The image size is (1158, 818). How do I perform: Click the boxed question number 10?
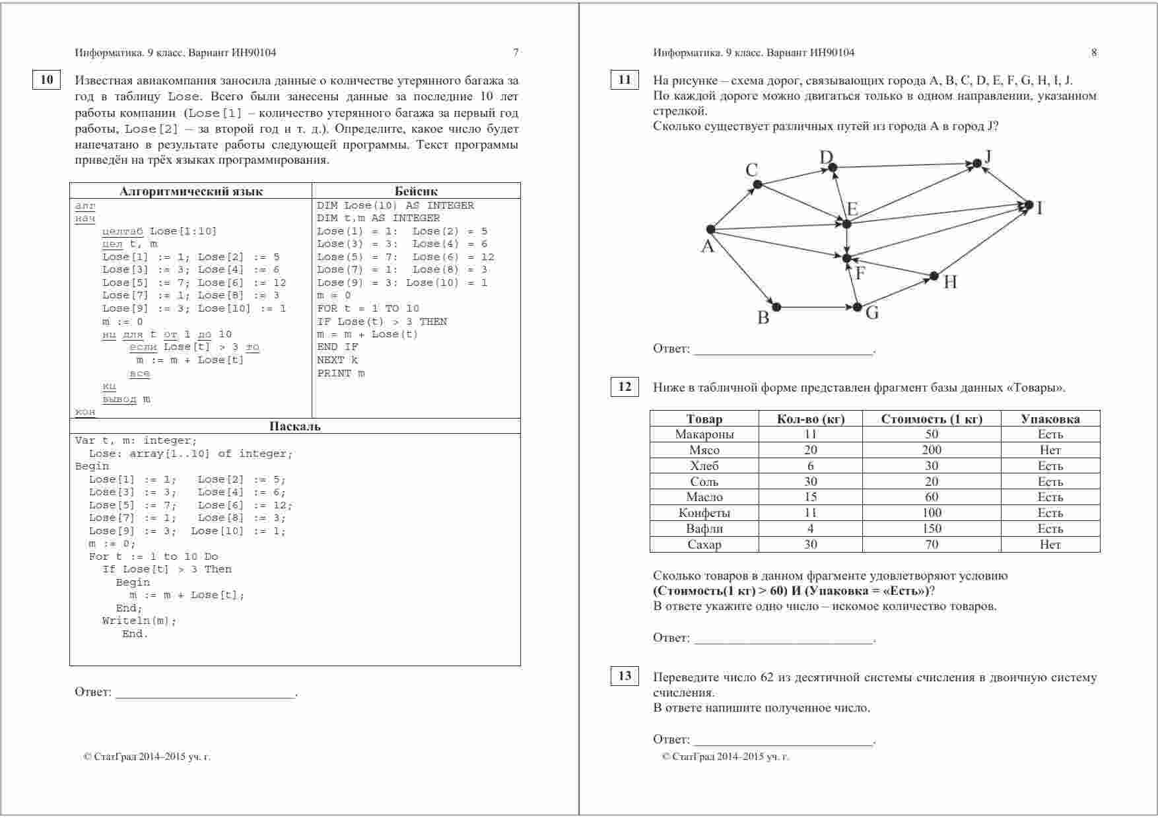46,80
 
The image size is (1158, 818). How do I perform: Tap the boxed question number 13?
625,676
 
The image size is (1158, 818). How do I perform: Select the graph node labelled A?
710,230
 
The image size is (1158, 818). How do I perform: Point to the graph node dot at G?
857,307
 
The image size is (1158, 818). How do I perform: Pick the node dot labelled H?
934,276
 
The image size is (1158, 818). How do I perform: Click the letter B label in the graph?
763,318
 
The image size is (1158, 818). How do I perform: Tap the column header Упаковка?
1050,419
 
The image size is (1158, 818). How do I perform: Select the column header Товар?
704,419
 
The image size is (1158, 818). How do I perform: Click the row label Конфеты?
704,513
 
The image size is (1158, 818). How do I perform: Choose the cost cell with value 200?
932,450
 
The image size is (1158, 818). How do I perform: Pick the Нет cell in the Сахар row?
1050,545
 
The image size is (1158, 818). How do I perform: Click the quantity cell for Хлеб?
810,466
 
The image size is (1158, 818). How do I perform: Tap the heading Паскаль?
294,426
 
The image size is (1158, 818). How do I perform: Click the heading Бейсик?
416,191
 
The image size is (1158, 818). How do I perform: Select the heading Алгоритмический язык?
191,191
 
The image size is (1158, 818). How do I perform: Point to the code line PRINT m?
341,374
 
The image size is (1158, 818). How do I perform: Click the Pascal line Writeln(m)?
139,621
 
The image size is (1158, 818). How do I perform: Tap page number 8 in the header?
1094,53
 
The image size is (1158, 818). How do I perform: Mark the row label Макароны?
704,434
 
